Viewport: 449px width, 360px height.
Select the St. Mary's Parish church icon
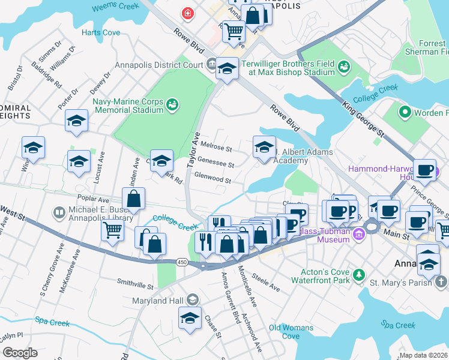[441, 281]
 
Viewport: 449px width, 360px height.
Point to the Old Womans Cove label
[291, 332]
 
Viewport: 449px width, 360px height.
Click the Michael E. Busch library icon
[59, 212]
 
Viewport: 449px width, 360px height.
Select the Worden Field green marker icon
[405, 112]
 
